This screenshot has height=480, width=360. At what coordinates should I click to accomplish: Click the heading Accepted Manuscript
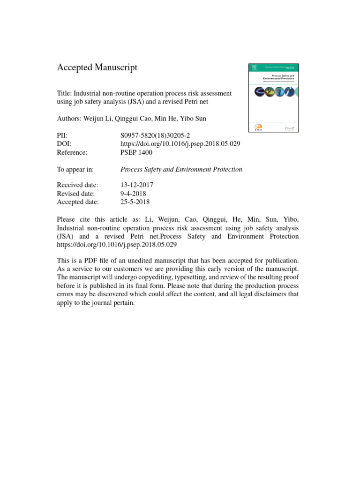click(x=97, y=67)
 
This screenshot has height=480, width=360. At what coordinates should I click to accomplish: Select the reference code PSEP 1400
click(x=136, y=152)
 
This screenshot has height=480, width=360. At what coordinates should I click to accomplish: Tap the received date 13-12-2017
click(x=137, y=185)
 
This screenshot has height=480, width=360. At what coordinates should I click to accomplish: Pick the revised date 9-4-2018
click(x=134, y=194)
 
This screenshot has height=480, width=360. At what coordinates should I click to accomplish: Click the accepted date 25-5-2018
click(x=135, y=202)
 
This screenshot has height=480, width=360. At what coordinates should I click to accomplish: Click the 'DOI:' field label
click(x=64, y=144)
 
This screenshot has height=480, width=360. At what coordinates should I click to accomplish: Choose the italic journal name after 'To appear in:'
click(x=181, y=169)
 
